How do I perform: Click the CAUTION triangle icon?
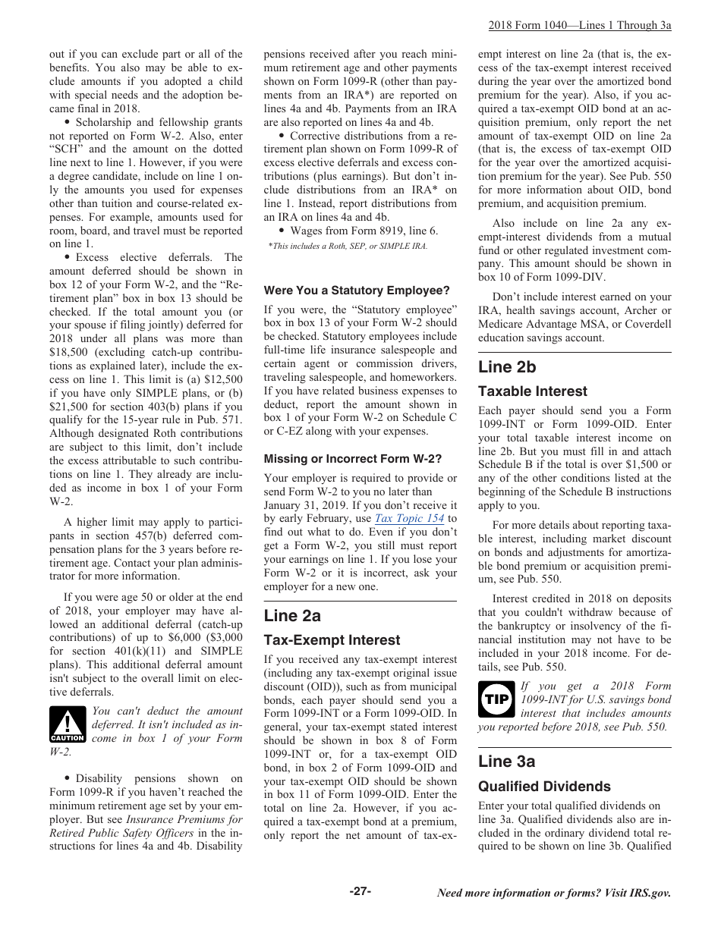68,725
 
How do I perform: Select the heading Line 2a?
292,614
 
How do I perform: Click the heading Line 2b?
507,367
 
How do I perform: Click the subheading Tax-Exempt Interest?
332,640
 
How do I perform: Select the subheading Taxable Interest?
533,391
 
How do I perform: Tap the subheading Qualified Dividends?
544,787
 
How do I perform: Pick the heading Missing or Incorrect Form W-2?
352,459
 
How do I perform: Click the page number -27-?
360,891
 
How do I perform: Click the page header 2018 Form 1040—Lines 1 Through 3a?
580,25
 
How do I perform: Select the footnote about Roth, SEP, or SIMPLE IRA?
348,247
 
